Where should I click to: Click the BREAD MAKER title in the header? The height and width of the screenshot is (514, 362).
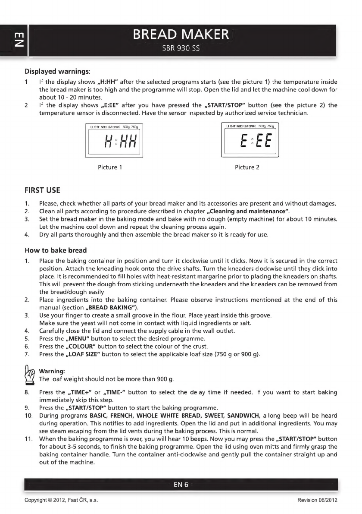pos(181,35)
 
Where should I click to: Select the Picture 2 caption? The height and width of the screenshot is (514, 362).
pos(247,167)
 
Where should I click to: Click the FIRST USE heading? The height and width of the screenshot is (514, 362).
pos(42,190)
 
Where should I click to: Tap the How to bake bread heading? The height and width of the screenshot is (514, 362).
pos(56,250)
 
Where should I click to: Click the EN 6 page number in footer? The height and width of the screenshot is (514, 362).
pos(181,485)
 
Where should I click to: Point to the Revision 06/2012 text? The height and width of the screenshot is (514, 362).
pos(317,500)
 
